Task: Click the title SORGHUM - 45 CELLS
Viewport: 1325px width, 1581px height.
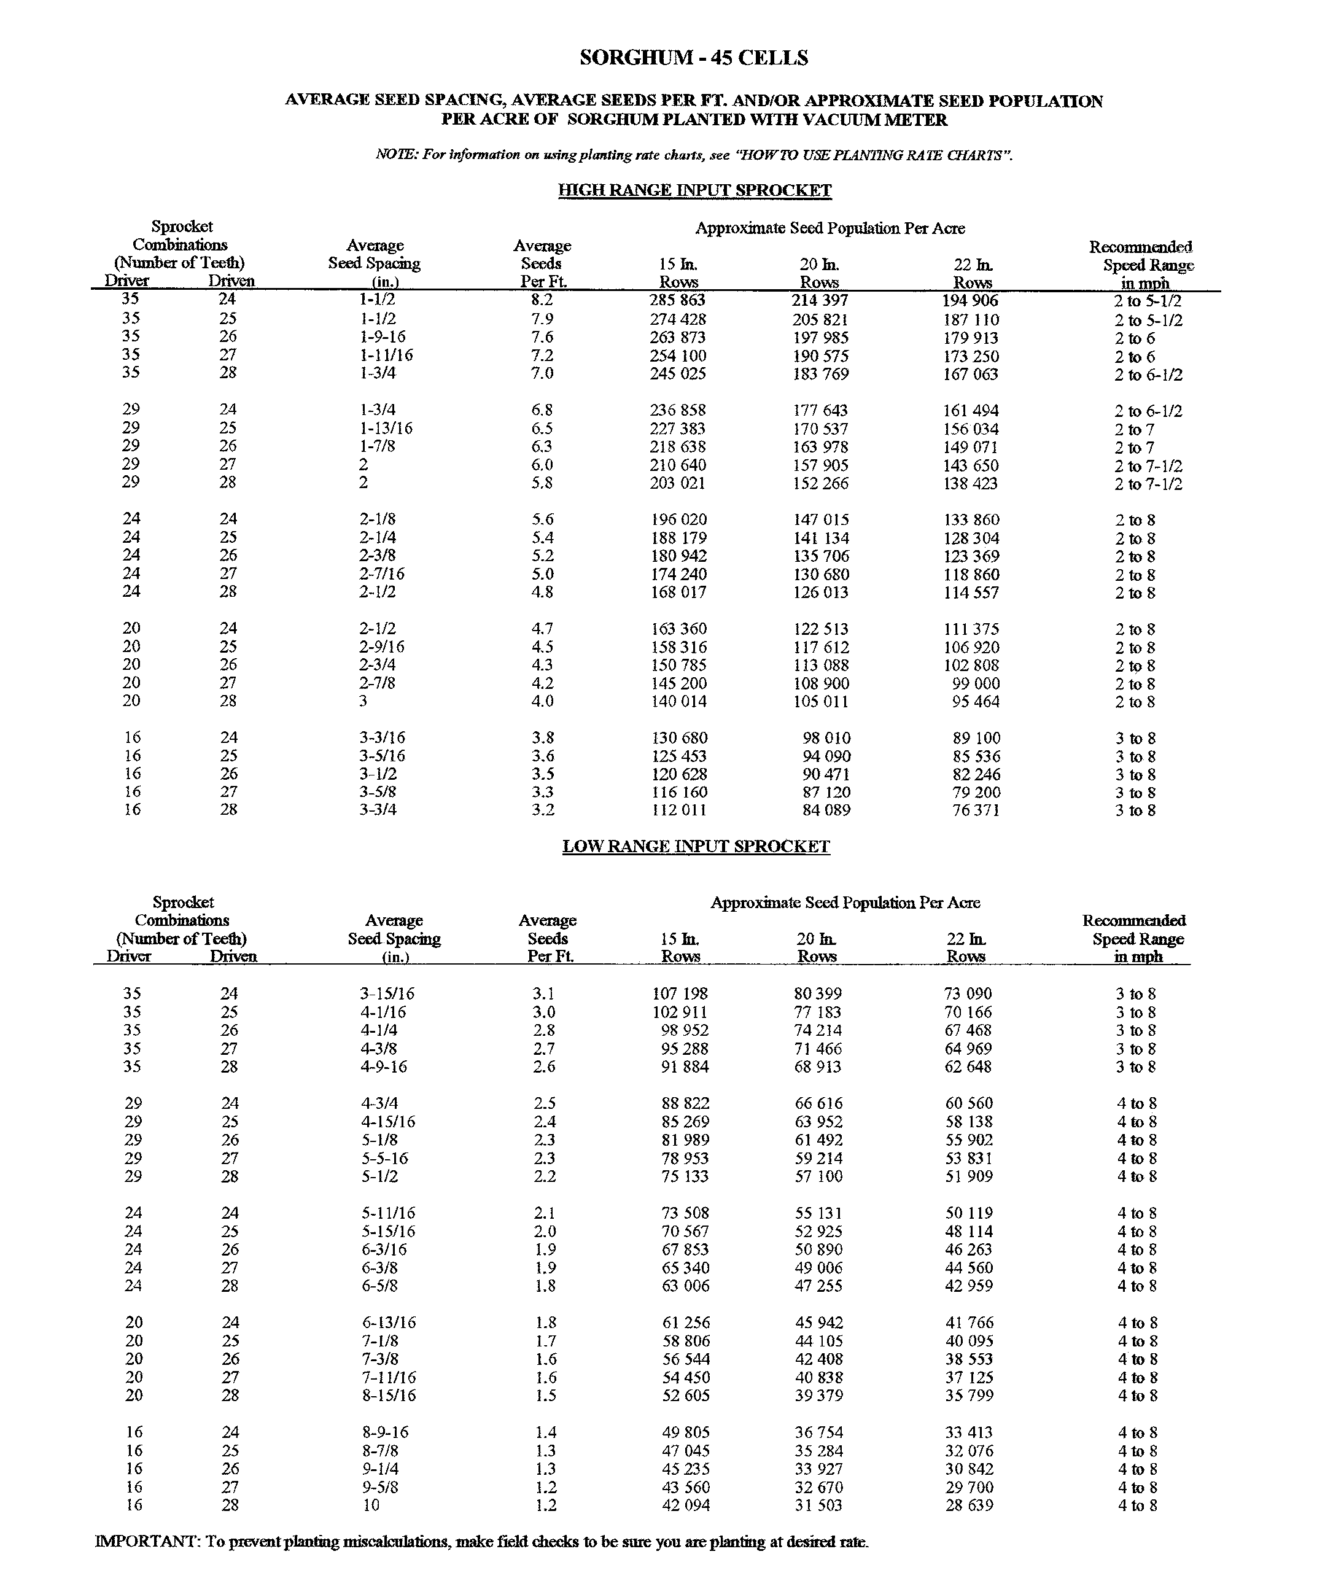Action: (x=693, y=58)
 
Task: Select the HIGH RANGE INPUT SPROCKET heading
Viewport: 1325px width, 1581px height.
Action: (x=694, y=190)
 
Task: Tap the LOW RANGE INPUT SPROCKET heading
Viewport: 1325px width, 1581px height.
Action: (x=696, y=846)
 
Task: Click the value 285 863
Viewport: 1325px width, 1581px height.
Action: (x=678, y=300)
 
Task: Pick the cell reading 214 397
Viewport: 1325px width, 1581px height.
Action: (x=820, y=300)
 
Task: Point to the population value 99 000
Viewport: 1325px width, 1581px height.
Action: (x=976, y=683)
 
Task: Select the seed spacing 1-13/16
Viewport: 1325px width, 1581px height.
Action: (x=386, y=429)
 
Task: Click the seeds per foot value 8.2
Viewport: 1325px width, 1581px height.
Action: (x=542, y=300)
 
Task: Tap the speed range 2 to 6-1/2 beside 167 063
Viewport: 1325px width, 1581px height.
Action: (x=1148, y=375)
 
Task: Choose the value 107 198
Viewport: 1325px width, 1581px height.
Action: (x=680, y=994)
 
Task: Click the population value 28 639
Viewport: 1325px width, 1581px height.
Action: (x=969, y=1505)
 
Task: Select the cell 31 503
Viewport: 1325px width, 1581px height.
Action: (x=818, y=1505)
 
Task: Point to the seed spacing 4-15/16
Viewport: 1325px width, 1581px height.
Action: (x=387, y=1122)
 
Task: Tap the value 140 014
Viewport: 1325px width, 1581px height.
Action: (x=678, y=702)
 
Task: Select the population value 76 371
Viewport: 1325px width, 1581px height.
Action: (x=976, y=811)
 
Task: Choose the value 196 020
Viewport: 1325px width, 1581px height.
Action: (x=678, y=519)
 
